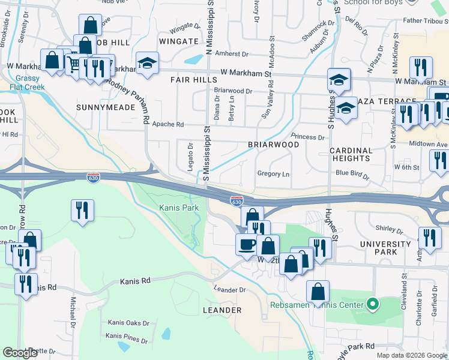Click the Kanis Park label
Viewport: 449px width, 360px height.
[178, 208]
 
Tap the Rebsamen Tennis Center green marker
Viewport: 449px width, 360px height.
[372, 305]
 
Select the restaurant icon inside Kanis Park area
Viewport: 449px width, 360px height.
[82, 211]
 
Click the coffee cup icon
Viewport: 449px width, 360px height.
[246, 245]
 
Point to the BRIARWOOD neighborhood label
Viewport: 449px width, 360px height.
[273, 145]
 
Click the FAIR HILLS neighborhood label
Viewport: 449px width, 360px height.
[193, 79]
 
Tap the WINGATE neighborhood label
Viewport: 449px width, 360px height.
[179, 41]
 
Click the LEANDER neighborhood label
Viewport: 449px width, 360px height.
[222, 310]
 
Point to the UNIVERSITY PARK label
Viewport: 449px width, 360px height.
[385, 248]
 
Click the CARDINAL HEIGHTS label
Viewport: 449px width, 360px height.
[350, 154]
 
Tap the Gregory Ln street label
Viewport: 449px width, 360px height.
[273, 174]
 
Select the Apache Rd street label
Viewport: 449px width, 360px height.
[167, 125]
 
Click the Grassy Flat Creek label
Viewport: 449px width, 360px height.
[26, 83]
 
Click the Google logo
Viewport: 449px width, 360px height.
[19, 353]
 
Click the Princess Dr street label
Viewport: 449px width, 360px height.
[307, 137]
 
